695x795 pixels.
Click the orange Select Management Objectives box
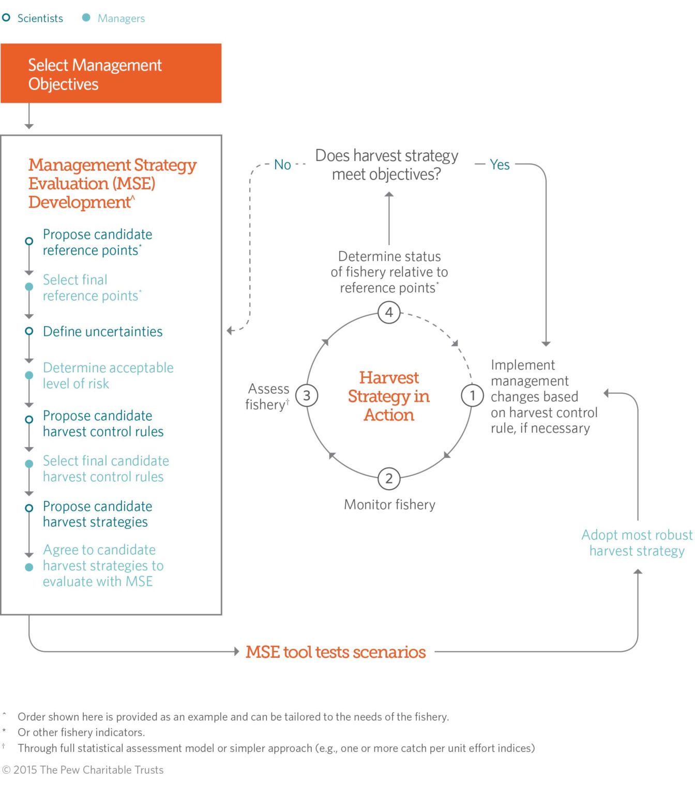point(111,73)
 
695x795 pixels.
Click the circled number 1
point(472,396)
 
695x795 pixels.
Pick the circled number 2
point(389,479)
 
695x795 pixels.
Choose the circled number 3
point(307,396)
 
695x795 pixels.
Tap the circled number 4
point(389,313)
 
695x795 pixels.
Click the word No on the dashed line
point(282,165)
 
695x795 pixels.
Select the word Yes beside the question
point(500,165)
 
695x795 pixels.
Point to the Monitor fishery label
point(389,505)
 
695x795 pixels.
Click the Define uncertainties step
point(102,332)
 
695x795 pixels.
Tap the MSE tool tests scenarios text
point(336,652)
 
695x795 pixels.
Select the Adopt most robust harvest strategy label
point(637,543)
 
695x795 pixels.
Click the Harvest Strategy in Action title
point(389,396)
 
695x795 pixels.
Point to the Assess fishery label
point(268,396)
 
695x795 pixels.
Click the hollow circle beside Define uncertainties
point(29,331)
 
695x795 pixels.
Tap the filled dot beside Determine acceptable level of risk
point(29,375)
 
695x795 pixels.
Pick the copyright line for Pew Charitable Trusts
point(83,770)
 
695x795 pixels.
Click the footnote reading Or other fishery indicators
point(81,732)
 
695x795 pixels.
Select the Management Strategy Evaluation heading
point(112,183)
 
